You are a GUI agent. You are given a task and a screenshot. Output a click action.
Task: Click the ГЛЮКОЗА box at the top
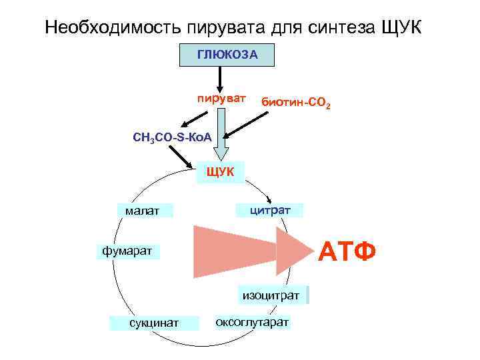227,55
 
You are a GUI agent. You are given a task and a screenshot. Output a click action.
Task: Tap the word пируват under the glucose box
221,99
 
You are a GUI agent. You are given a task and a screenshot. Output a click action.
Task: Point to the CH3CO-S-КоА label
172,138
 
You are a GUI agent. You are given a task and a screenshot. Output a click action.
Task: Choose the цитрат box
269,211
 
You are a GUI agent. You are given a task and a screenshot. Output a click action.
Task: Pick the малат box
142,211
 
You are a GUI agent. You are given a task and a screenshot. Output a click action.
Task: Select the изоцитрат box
271,295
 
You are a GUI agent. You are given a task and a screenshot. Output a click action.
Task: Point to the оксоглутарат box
252,322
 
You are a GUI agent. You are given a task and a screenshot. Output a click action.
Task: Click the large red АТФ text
347,253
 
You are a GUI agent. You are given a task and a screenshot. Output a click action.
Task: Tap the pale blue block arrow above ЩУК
225,130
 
